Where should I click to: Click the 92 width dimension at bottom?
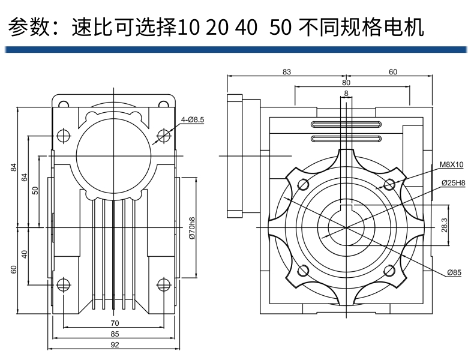tap(115, 344)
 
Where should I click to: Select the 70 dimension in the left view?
tap(115, 323)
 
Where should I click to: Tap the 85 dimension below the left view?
tap(115, 334)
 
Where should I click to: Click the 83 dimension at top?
tap(286, 72)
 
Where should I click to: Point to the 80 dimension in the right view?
tap(346, 82)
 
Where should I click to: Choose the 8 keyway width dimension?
tap(346, 93)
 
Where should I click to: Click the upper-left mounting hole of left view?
tap(63, 136)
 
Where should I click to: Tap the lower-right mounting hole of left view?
tap(163, 284)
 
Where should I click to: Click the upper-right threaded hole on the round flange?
tap(389, 184)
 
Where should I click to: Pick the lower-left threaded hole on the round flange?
tap(303, 271)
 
